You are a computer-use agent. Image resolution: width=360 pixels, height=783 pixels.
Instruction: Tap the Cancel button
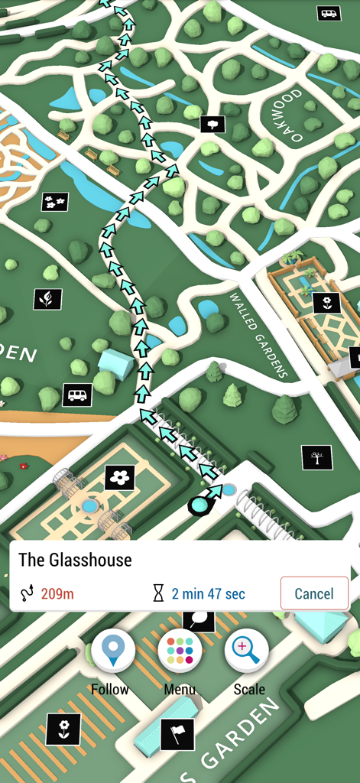point(314,593)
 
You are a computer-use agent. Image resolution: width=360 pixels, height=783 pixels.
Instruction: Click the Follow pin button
point(113,651)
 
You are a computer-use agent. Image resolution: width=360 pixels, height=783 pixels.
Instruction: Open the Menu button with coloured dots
point(180,651)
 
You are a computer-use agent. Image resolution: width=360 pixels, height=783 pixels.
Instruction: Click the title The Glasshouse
point(75,560)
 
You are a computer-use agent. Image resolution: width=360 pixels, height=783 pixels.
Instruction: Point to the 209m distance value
point(57,594)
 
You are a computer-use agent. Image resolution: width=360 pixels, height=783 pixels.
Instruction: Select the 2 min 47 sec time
point(208,594)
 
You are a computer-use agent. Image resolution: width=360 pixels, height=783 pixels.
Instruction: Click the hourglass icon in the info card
point(158,594)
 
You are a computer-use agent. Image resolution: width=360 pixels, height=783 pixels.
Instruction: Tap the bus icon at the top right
point(329,13)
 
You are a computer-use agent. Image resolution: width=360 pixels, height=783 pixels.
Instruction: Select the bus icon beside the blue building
point(77,395)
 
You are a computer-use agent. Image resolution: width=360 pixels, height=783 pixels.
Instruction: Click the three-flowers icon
point(54,202)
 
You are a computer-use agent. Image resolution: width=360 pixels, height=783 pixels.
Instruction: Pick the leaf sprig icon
point(47,299)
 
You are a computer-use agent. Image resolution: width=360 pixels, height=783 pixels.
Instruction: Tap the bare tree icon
point(316,457)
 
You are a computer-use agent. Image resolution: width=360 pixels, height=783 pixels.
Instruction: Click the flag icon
point(177,735)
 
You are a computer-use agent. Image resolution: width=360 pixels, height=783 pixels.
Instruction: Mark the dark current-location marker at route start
point(200,505)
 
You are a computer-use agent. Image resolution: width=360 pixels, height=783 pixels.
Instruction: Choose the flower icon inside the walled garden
point(326,303)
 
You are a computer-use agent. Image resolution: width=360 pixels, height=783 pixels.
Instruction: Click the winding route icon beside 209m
point(28,594)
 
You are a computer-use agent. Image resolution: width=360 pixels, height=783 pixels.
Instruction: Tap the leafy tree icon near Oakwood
point(212,124)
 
